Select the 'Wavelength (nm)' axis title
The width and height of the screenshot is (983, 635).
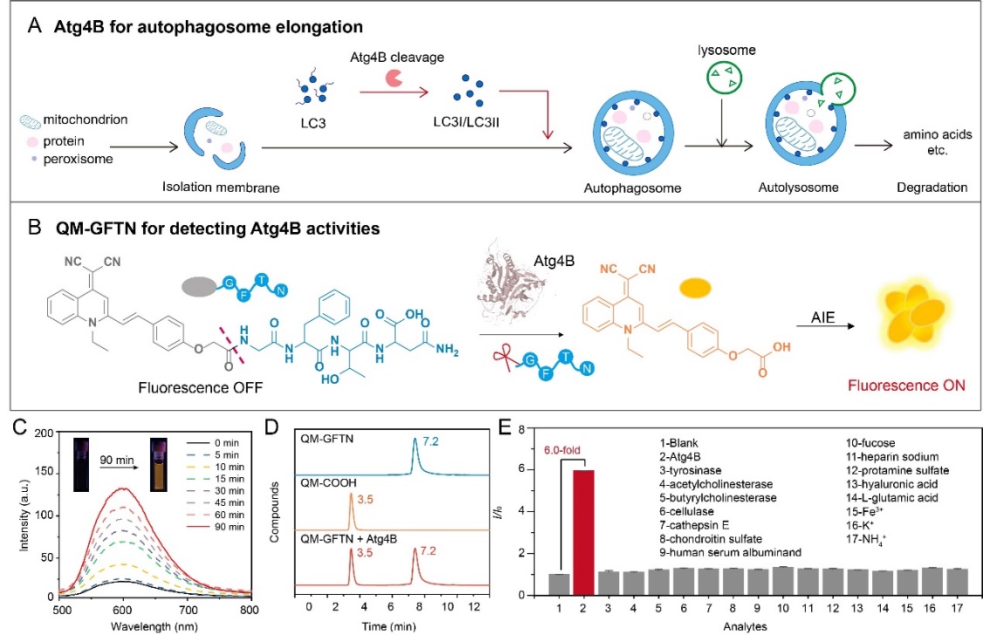tap(123, 626)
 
